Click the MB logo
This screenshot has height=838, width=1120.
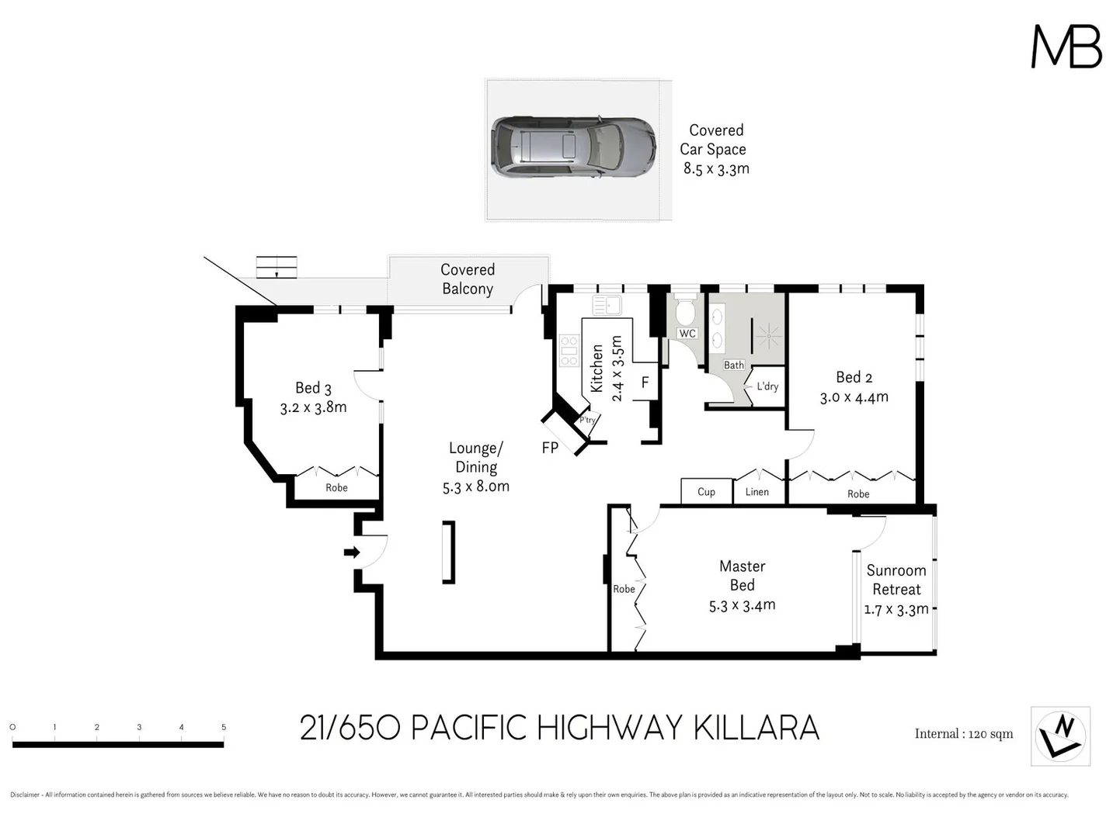tap(1066, 47)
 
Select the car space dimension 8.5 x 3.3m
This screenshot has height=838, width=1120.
tap(715, 168)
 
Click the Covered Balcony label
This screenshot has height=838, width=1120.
tap(468, 279)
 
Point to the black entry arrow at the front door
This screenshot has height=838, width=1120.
tap(352, 552)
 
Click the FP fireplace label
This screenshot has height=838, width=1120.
tap(550, 448)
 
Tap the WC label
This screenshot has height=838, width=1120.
tap(687, 334)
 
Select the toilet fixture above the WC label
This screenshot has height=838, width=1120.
tap(685, 312)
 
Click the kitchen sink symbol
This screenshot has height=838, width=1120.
tap(607, 305)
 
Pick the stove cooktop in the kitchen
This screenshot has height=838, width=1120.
tap(569, 350)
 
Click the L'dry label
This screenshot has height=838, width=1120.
tap(767, 386)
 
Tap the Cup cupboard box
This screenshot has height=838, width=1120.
tap(706, 491)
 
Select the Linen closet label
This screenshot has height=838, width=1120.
tap(757, 492)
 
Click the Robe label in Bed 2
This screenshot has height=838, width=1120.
tap(858, 494)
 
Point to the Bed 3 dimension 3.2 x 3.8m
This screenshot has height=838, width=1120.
tap(313, 407)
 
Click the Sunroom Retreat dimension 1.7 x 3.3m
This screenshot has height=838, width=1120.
tap(896, 609)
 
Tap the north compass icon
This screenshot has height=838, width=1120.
tap(1060, 736)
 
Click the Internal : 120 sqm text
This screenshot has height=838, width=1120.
tap(963, 734)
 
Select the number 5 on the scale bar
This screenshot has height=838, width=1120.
tap(224, 727)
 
